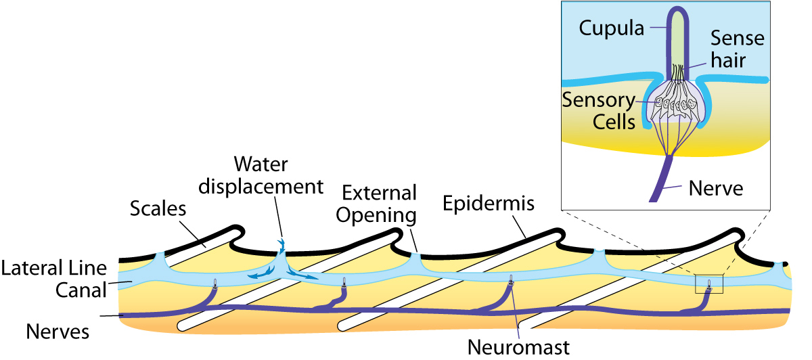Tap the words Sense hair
736,48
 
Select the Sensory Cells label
600,112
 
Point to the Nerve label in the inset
715,188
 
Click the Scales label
158,209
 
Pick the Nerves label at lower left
58,332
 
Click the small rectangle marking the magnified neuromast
709,284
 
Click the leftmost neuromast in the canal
215,284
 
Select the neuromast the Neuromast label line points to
512,280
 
